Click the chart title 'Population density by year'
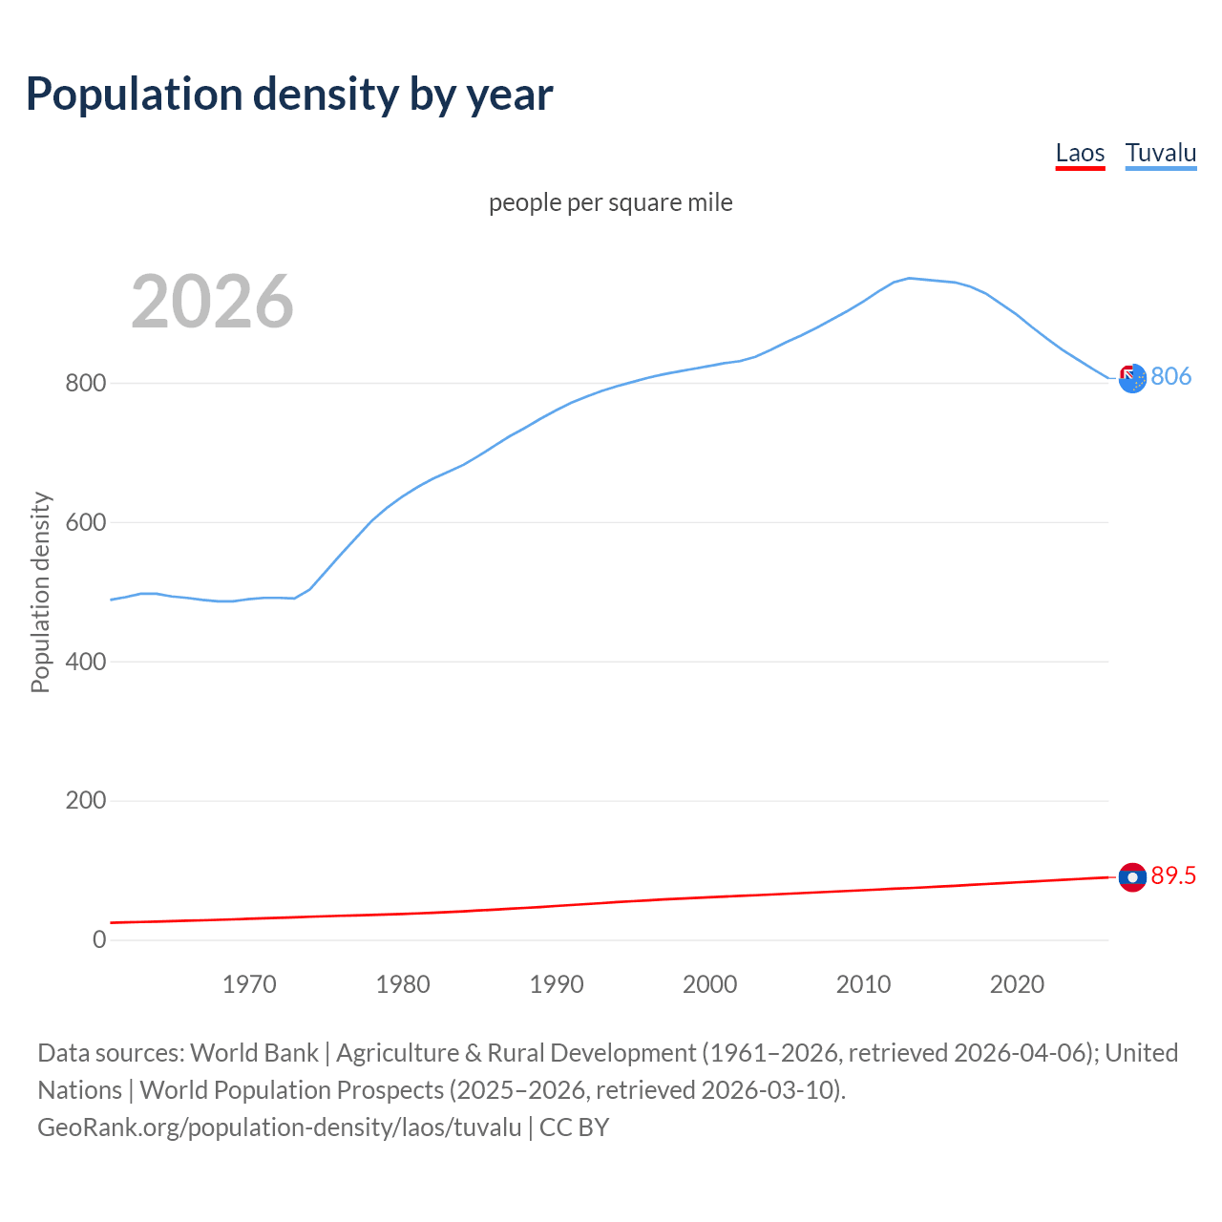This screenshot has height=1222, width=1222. coord(289,94)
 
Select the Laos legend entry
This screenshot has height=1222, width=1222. coord(1080,153)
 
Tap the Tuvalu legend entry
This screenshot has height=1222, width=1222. coord(1161,153)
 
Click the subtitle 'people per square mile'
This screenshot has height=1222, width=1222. coord(611,202)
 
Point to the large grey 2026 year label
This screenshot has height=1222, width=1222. coord(212,302)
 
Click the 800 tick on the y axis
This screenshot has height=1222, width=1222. coord(85,383)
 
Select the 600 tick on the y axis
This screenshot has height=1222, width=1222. coord(85,522)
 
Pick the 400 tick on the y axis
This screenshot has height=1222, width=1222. coord(85,662)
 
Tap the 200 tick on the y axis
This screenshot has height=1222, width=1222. coord(85,800)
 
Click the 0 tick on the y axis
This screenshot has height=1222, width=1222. coord(99,939)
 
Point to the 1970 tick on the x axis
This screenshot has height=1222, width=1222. coord(249,984)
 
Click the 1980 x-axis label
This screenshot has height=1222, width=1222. coord(403,984)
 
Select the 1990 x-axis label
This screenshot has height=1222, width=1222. coord(557,984)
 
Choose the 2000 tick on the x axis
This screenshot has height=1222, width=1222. coord(710,984)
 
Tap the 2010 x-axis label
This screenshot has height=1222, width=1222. coord(864,984)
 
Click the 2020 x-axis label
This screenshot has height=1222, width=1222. coord(1018,984)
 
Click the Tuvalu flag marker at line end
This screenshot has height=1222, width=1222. coord(1132,379)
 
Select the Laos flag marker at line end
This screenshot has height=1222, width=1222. coord(1132,877)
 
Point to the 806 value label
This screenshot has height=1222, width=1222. coord(1171,376)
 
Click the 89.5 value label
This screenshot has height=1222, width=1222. coord(1173,875)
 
